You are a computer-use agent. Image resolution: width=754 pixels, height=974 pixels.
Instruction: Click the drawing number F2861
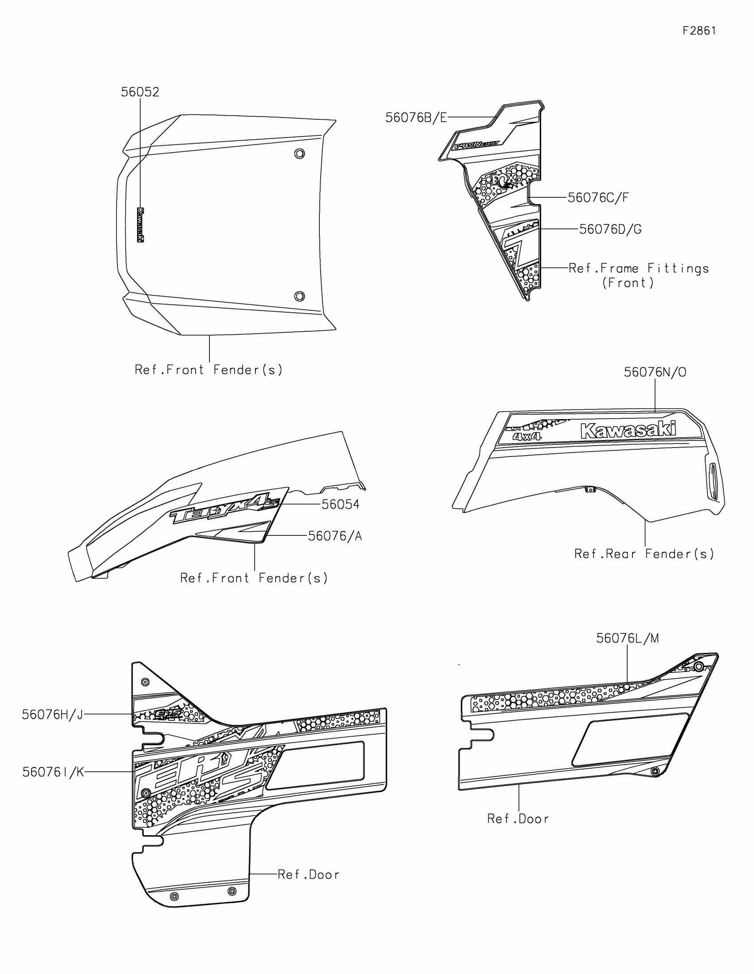click(x=699, y=31)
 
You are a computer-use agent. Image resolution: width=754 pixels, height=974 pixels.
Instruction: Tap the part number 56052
click(x=140, y=92)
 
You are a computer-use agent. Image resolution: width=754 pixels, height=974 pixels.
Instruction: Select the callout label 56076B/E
click(x=416, y=118)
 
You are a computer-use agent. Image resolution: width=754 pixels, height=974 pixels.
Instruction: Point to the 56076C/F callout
click(x=598, y=197)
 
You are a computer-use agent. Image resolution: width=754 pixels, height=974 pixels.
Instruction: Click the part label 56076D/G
click(x=610, y=229)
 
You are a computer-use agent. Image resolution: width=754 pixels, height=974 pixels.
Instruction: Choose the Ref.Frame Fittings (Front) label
click(x=638, y=275)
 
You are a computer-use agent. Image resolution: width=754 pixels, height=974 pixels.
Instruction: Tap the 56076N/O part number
click(x=655, y=372)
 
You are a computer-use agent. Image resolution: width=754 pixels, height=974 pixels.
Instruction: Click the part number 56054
click(x=340, y=504)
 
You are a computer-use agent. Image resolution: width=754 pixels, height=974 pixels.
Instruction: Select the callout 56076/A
click(x=335, y=536)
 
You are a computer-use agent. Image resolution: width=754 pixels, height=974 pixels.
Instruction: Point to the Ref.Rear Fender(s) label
click(x=644, y=554)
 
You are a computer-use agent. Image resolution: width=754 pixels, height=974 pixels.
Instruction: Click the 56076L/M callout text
click(x=627, y=638)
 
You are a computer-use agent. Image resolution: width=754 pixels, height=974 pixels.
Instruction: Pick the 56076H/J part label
click(x=53, y=715)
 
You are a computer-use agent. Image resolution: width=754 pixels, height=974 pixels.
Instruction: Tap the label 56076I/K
click(x=53, y=772)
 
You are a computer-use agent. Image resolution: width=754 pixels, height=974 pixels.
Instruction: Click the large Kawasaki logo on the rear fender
click(x=628, y=430)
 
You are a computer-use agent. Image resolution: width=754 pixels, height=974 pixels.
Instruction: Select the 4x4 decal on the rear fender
click(x=527, y=436)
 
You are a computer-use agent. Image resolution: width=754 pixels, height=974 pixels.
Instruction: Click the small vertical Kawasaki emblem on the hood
click(x=141, y=225)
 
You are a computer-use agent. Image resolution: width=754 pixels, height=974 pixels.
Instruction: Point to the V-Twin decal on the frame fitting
click(x=477, y=145)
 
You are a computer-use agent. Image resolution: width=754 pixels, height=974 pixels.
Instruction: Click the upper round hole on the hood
click(x=300, y=154)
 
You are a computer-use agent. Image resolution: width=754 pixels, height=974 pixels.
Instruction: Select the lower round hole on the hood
click(x=300, y=296)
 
